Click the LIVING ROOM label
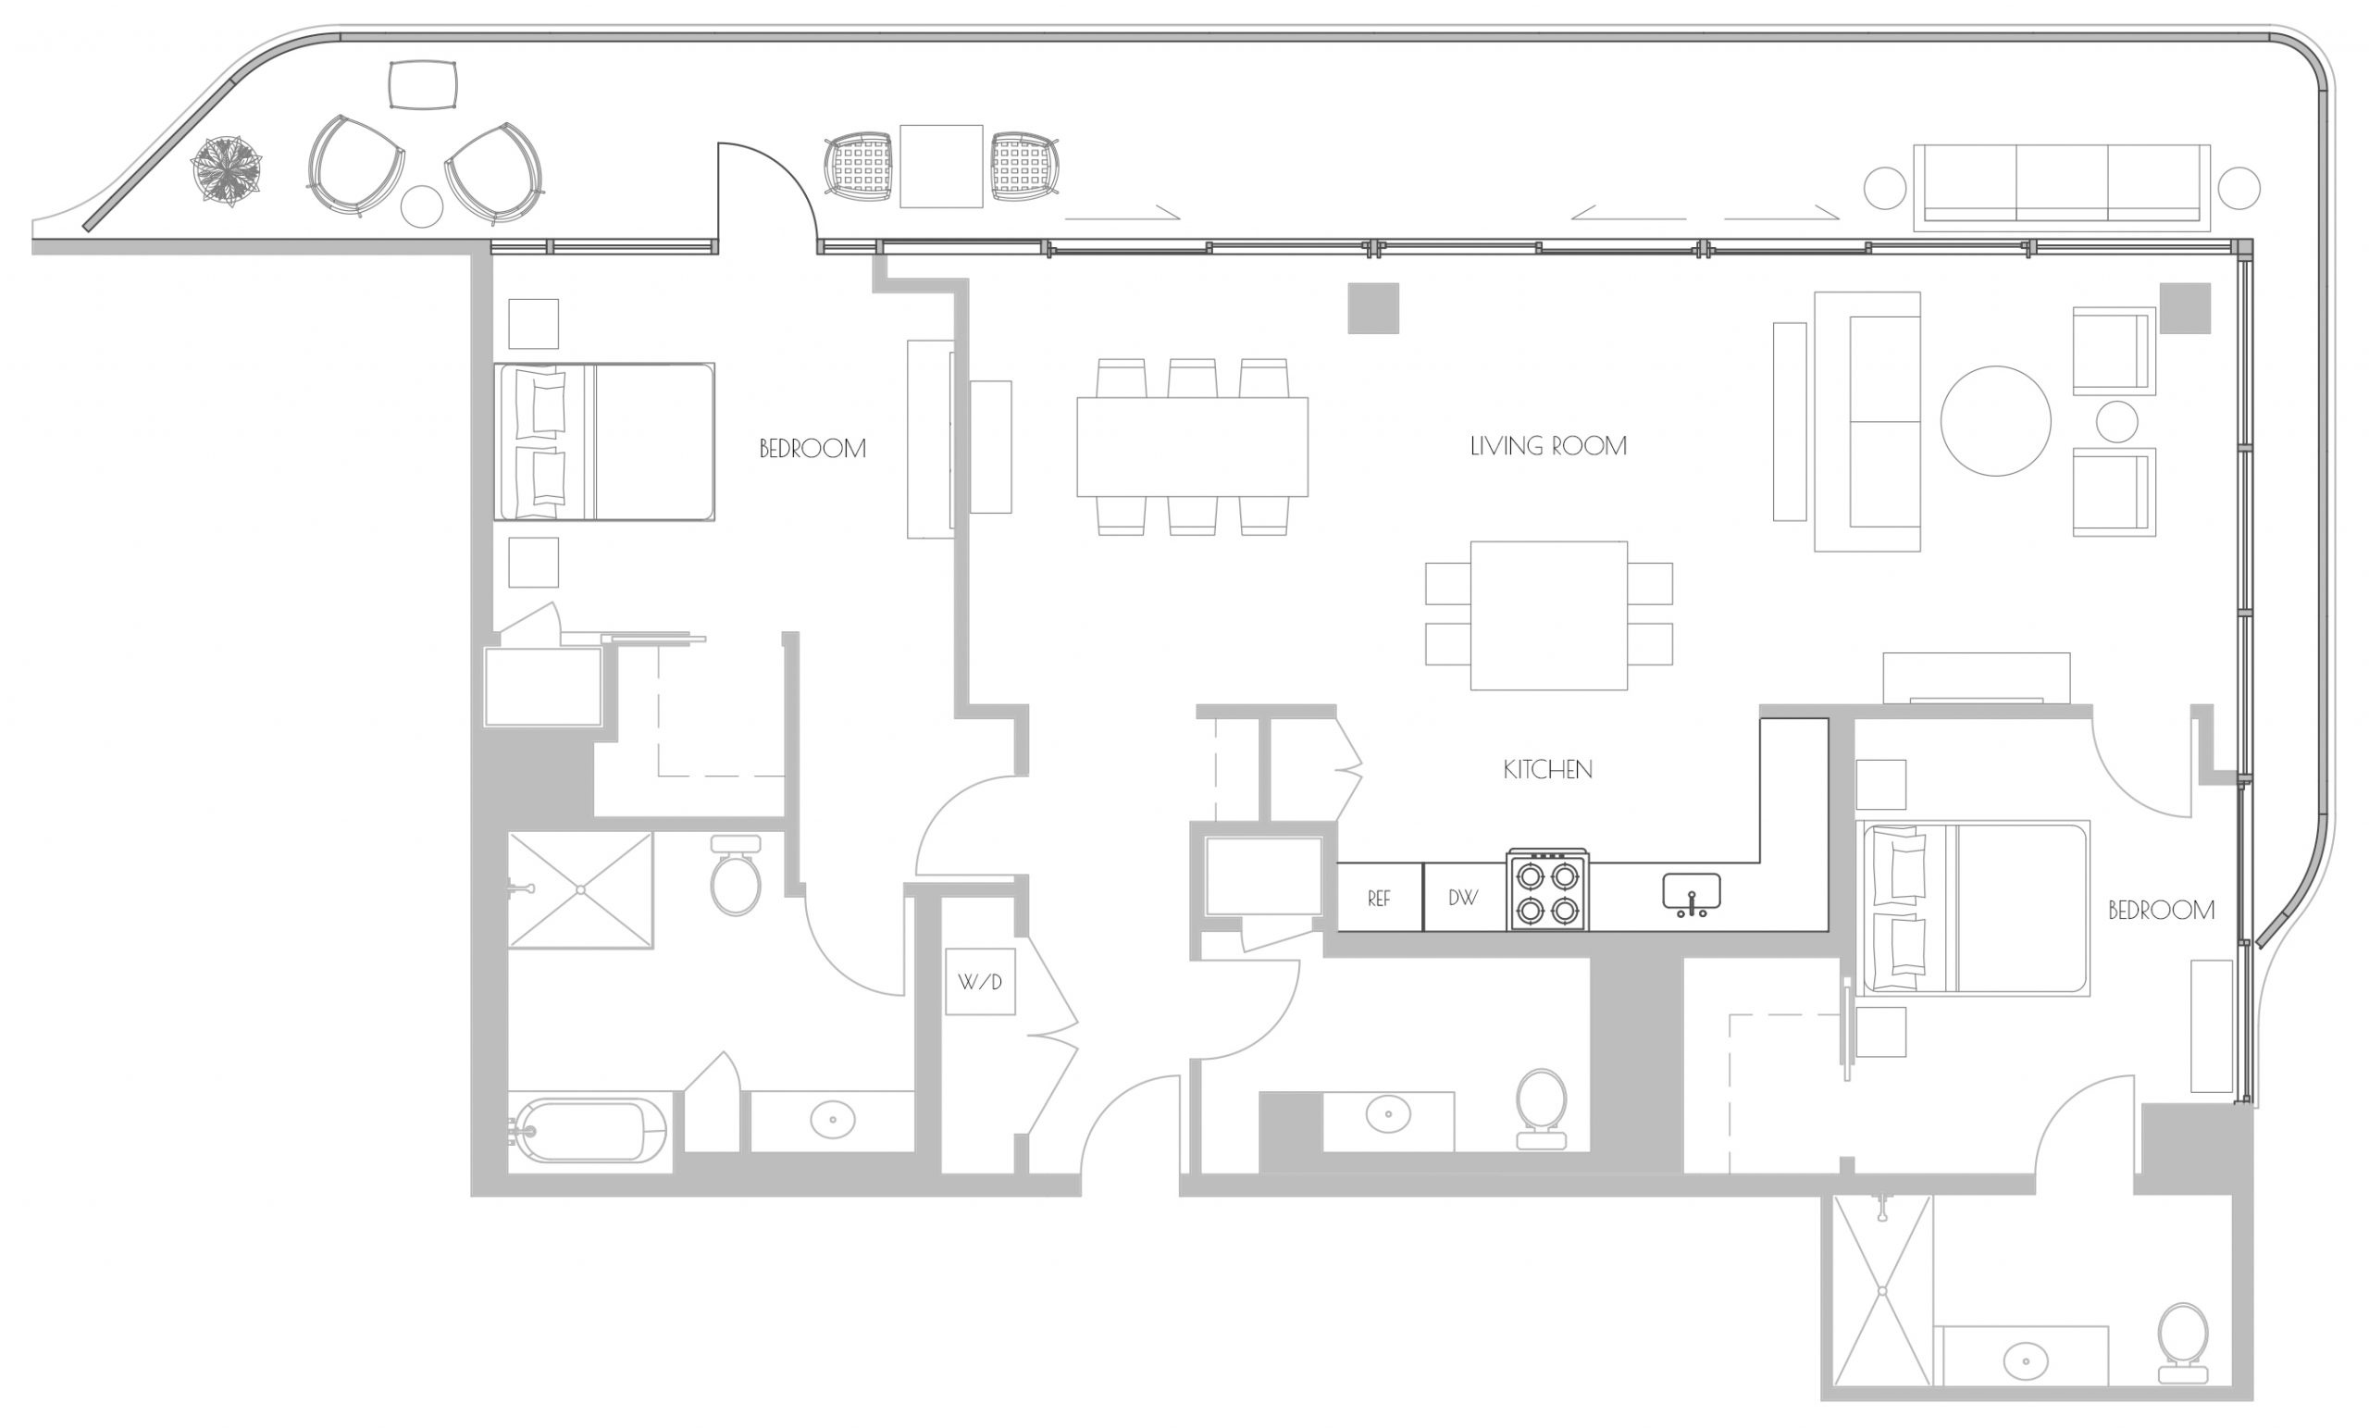click(1548, 446)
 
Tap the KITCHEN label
click(1548, 769)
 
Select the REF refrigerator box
click(1380, 897)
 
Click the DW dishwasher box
click(1464, 897)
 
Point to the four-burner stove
click(1548, 890)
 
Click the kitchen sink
click(1692, 895)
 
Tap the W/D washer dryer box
click(980, 982)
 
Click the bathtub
click(589, 1131)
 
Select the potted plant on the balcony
click(227, 171)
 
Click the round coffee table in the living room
click(1996, 421)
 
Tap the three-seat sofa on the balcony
click(2063, 188)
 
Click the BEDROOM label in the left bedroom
click(812, 449)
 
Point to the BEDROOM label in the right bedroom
click(2162, 911)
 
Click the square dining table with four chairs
click(1549, 615)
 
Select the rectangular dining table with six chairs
click(1192, 446)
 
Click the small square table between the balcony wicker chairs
click(941, 167)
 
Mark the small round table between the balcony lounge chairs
click(421, 205)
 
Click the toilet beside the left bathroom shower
click(736, 875)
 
